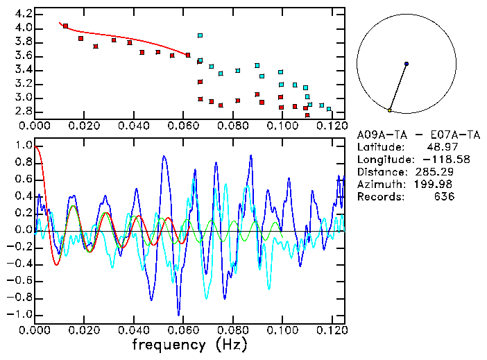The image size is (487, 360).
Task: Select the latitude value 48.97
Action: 441,146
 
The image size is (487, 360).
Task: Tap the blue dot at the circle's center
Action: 407,64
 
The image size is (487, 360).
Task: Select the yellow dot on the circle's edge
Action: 390,110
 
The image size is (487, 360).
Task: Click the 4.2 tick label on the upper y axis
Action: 23,14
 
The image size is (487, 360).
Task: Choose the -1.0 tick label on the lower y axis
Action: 21,314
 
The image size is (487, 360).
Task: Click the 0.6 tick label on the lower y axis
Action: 23,180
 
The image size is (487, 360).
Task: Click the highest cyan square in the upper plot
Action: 200,35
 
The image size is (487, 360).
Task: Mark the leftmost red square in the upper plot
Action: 65,26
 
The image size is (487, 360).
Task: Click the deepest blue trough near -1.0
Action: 178,314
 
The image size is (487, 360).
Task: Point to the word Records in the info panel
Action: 379,196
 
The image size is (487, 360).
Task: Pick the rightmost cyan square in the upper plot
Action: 329,109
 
